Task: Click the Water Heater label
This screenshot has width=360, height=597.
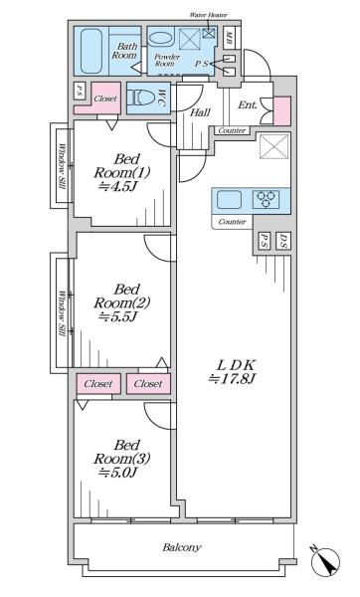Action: (209, 15)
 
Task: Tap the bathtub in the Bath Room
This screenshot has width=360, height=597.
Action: (91, 51)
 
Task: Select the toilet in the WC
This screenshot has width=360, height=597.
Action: (141, 98)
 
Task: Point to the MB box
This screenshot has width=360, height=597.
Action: (229, 38)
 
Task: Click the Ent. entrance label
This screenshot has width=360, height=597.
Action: (248, 105)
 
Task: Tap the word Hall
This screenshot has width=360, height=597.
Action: (200, 112)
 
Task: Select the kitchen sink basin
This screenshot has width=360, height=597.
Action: (229, 200)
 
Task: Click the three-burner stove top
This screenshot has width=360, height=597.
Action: (266, 200)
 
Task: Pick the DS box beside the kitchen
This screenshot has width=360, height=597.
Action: (283, 241)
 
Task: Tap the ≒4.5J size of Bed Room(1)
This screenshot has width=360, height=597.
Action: (118, 187)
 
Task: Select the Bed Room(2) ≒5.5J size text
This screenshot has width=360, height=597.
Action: (118, 316)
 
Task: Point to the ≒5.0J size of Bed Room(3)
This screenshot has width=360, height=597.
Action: (118, 473)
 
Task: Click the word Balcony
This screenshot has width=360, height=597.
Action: (182, 548)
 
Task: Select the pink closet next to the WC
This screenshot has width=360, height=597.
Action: (98, 101)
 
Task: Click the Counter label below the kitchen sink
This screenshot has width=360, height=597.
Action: (232, 222)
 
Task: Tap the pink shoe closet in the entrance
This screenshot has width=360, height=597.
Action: (282, 111)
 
